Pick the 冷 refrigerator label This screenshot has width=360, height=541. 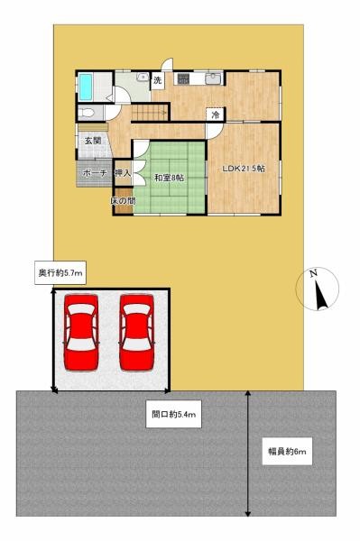click(215, 115)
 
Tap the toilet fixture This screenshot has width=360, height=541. click(88, 113)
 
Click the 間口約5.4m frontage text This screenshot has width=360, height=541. click(174, 414)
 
